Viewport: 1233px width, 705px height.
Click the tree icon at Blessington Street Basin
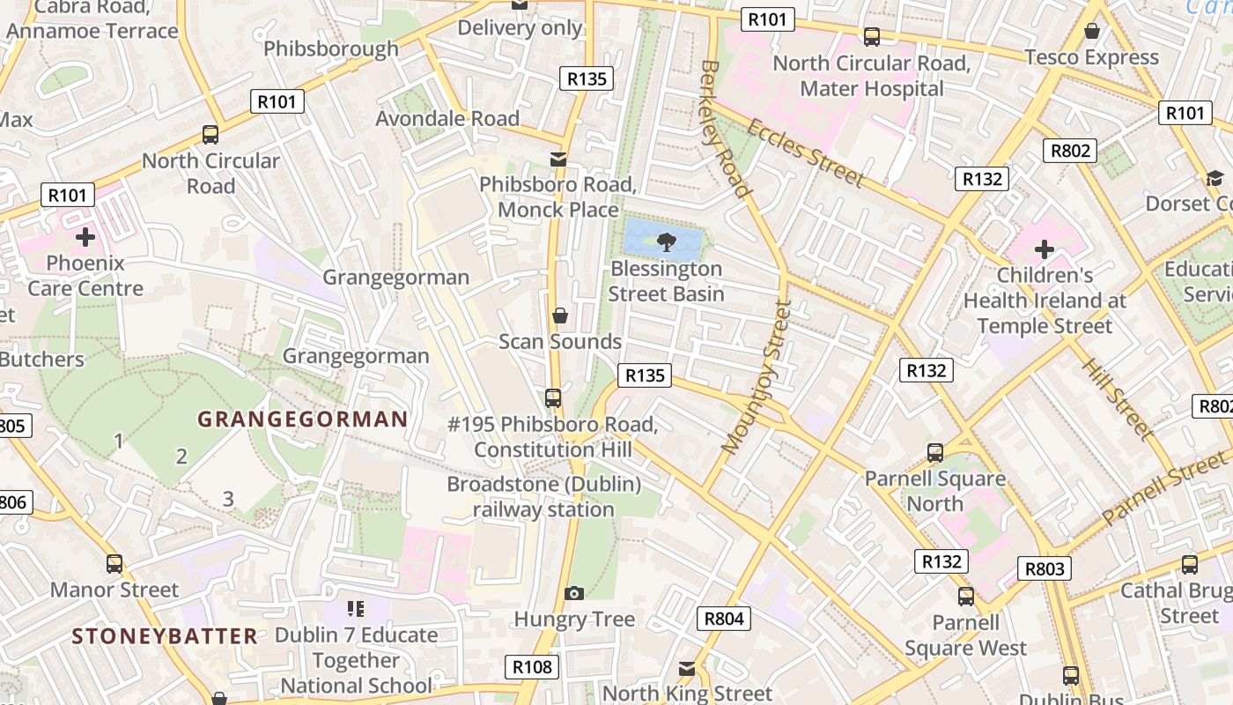[x=666, y=240]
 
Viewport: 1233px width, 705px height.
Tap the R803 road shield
[x=1045, y=568]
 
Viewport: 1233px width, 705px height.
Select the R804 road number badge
[x=725, y=619]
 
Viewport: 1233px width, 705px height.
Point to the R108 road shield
[x=533, y=667]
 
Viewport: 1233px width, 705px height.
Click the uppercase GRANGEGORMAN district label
[x=302, y=419]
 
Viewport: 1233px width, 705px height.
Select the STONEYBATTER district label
[x=165, y=636]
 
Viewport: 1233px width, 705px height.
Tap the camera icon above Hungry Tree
[x=574, y=594]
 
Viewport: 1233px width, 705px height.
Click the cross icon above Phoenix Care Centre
[x=85, y=237]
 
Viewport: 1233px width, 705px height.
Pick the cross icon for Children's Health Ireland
[x=1045, y=249]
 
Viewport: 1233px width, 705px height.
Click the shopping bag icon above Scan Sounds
[x=559, y=315]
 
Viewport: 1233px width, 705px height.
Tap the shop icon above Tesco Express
[x=1092, y=32]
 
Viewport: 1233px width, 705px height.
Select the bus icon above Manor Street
[x=114, y=563]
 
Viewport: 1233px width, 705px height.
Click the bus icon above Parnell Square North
[x=935, y=453]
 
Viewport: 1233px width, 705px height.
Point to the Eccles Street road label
[x=805, y=152]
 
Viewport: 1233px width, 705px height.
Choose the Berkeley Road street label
[x=726, y=128]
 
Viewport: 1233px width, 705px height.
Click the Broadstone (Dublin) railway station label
[x=543, y=497]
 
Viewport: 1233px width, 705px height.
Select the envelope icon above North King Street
[x=687, y=669]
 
